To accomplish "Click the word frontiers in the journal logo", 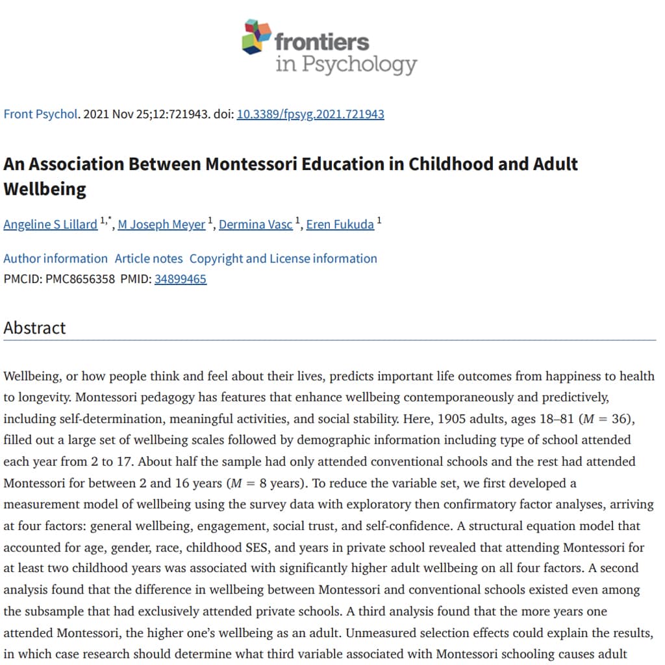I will [321, 42].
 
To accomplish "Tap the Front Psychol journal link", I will [40, 114].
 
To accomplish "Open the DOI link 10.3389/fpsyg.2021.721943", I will [310, 114].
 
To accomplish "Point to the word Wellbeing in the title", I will [45, 189].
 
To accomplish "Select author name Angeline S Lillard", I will [50, 225].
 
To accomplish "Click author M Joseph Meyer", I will [161, 225].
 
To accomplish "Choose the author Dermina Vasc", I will [256, 225].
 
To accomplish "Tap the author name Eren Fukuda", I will [340, 225].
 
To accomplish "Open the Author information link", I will [55, 258].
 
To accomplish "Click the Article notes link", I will [149, 258].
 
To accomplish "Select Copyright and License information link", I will [283, 258].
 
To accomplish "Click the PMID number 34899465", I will [181, 280].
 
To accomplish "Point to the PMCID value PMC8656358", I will [81, 280].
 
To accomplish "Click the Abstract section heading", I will [34, 328].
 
